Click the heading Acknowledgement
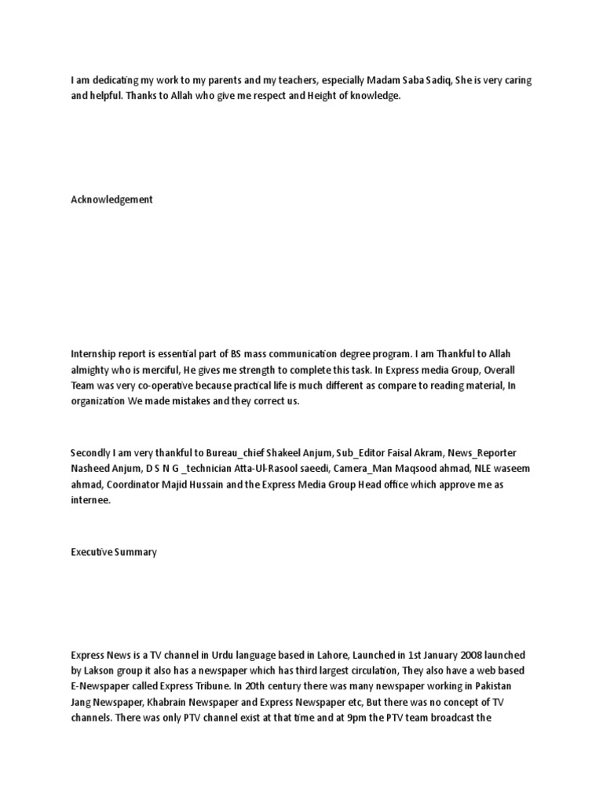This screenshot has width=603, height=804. pyautogui.click(x=111, y=200)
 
